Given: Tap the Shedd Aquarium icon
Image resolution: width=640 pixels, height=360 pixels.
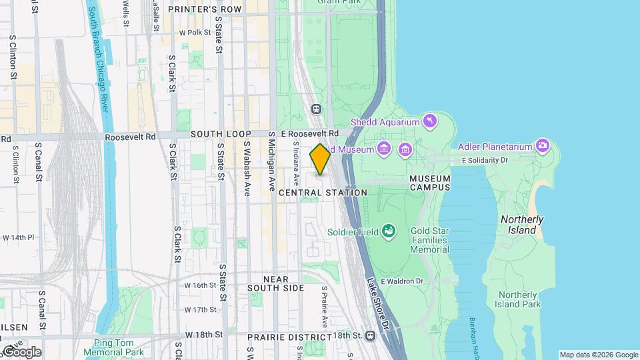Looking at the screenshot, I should pos(430,121).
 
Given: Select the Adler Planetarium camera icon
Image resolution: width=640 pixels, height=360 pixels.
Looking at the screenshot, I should pos(543,146).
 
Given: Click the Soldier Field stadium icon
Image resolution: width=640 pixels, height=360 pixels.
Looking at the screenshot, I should pos(387,232).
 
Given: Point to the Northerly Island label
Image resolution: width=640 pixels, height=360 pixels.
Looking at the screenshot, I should pos(522,225).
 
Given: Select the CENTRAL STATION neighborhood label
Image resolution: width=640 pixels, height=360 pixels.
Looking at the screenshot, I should pos(323,193).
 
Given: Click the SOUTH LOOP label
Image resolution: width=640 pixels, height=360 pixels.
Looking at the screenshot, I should pos(221,134).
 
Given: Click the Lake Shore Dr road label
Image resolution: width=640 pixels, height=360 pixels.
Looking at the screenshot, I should pos(377,304).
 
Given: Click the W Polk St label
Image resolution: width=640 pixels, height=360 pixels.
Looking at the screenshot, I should pos(195,32).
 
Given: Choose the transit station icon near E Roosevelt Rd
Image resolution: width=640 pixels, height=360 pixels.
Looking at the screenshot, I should pos(316,109).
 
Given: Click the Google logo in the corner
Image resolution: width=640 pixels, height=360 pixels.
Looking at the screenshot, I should pos(21,351).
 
